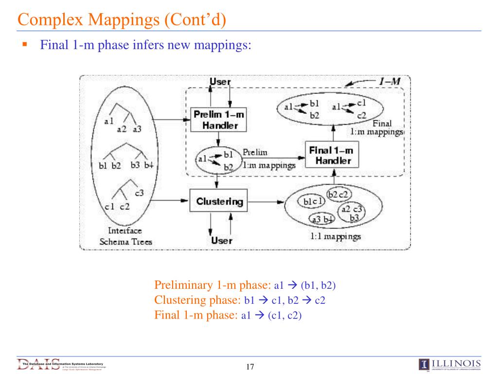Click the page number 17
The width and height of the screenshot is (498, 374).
(x=250, y=367)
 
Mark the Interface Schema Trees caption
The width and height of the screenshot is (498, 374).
(x=125, y=236)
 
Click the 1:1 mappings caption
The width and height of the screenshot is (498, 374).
(x=336, y=237)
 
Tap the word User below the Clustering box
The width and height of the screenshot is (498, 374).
(x=221, y=240)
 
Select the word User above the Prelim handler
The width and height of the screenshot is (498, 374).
(x=220, y=82)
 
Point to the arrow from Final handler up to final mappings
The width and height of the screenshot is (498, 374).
(x=334, y=132)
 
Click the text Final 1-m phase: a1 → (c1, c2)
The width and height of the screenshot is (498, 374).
(x=228, y=315)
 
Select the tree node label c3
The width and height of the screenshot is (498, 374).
(x=139, y=192)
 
